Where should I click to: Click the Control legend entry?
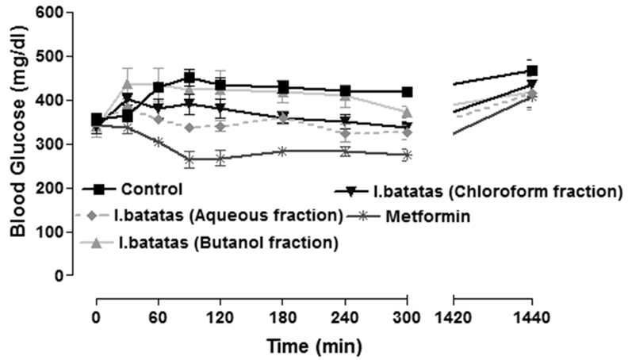click(151, 190)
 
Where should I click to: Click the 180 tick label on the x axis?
click(283, 324)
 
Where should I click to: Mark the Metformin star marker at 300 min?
click(407, 155)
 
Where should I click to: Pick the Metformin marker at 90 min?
click(190, 159)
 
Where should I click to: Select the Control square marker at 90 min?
click(190, 78)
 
